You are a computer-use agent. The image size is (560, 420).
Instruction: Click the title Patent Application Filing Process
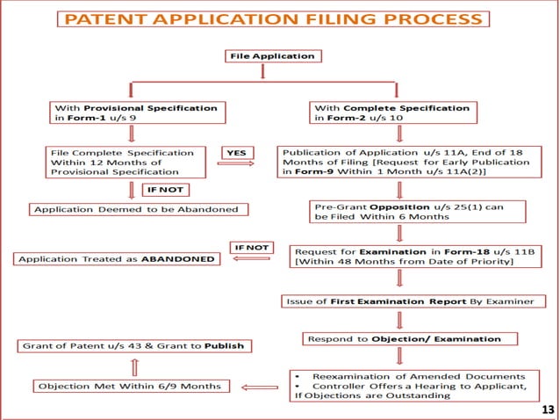(x=279, y=20)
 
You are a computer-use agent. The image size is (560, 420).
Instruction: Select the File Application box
(x=271, y=56)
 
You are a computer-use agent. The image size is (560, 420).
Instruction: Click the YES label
(x=236, y=153)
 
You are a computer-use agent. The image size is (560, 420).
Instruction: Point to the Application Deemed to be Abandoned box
(x=138, y=209)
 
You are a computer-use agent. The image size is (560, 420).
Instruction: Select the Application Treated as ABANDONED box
(x=118, y=260)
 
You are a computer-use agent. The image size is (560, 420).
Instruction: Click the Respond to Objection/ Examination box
(x=408, y=338)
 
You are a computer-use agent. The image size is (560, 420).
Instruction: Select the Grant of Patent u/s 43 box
(x=133, y=345)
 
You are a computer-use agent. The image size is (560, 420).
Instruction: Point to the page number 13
(x=548, y=409)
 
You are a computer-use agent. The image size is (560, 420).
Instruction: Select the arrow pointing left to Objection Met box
(x=259, y=386)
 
